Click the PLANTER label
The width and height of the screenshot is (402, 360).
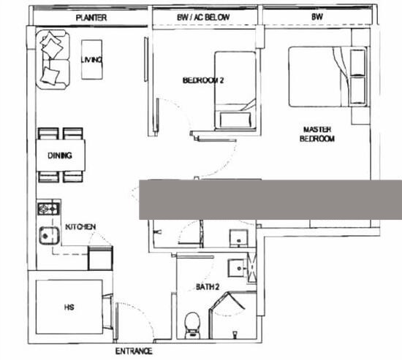91,18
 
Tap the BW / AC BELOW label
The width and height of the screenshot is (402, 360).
203,18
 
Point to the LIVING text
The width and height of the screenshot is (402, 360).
92,60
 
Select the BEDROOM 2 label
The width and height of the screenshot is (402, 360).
203,80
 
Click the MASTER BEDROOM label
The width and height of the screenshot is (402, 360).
317,134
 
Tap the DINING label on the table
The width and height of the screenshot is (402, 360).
60,156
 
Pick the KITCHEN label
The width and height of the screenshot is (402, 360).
80,226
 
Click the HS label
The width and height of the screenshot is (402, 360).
69,307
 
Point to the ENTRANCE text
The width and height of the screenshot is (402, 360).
134,351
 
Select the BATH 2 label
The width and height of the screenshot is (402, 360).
208,286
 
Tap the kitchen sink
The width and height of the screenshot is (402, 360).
50,235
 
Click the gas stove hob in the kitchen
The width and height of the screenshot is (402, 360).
49,209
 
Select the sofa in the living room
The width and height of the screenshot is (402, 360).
53,59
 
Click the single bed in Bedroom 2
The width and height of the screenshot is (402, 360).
235,91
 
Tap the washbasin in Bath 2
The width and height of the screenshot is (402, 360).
238,268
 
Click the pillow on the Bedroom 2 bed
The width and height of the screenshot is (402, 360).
235,120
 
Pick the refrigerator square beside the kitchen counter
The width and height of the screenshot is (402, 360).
100,258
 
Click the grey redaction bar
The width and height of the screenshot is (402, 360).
270,199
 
